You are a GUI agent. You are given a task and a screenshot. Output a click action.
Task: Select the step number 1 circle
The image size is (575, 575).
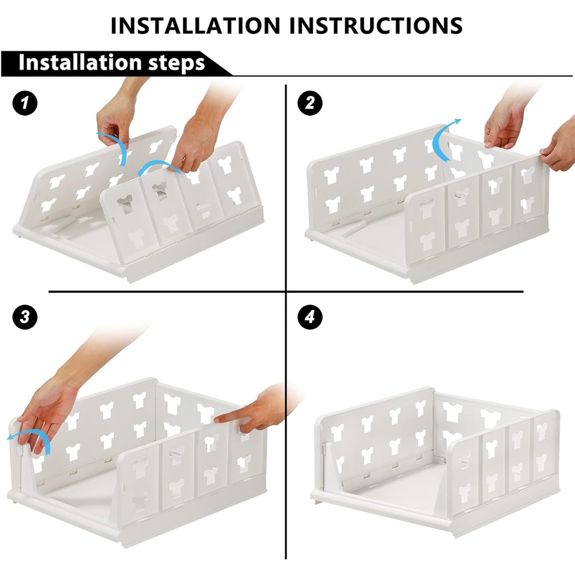pyautogui.click(x=25, y=103)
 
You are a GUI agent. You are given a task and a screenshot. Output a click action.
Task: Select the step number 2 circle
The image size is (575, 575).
pyautogui.click(x=310, y=103)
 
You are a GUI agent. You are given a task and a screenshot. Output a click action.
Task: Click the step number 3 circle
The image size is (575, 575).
pyautogui.click(x=25, y=317)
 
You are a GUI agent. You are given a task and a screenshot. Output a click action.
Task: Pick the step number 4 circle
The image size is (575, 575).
pyautogui.click(x=310, y=317)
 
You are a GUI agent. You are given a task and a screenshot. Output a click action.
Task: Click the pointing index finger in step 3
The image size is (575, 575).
pyautogui.click(x=239, y=416)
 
